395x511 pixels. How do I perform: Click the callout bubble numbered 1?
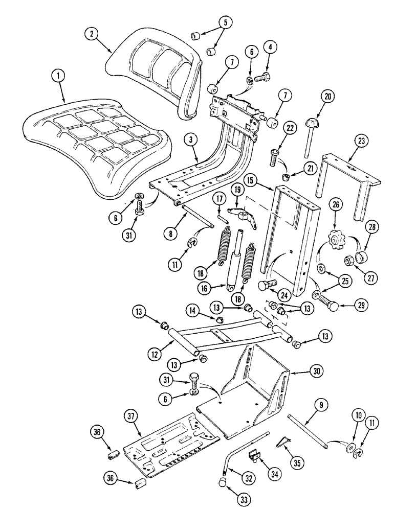pyautogui.click(x=60, y=77)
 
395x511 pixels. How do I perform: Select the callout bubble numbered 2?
pyautogui.click(x=92, y=34)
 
